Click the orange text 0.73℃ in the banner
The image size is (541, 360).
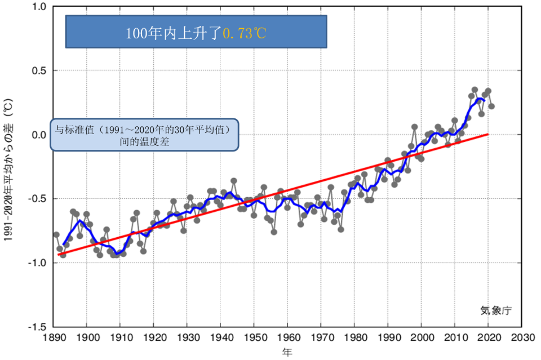pyautogui.click(x=244, y=33)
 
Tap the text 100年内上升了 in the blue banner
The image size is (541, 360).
pyautogui.click(x=174, y=33)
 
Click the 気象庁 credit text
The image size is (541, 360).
pyautogui.click(x=496, y=309)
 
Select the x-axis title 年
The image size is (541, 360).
pyautogui.click(x=287, y=353)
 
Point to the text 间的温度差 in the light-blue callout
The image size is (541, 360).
pyautogui.click(x=145, y=143)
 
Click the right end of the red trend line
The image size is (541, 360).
pyautogui.click(x=487, y=134)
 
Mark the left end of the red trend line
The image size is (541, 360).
pyautogui.click(x=59, y=255)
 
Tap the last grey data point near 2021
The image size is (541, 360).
pyautogui.click(x=491, y=106)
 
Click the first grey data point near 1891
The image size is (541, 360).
pyautogui.click(x=56, y=234)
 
